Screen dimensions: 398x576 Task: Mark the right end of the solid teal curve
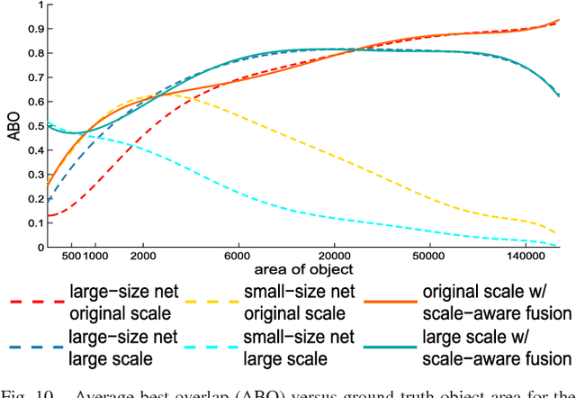560,95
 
